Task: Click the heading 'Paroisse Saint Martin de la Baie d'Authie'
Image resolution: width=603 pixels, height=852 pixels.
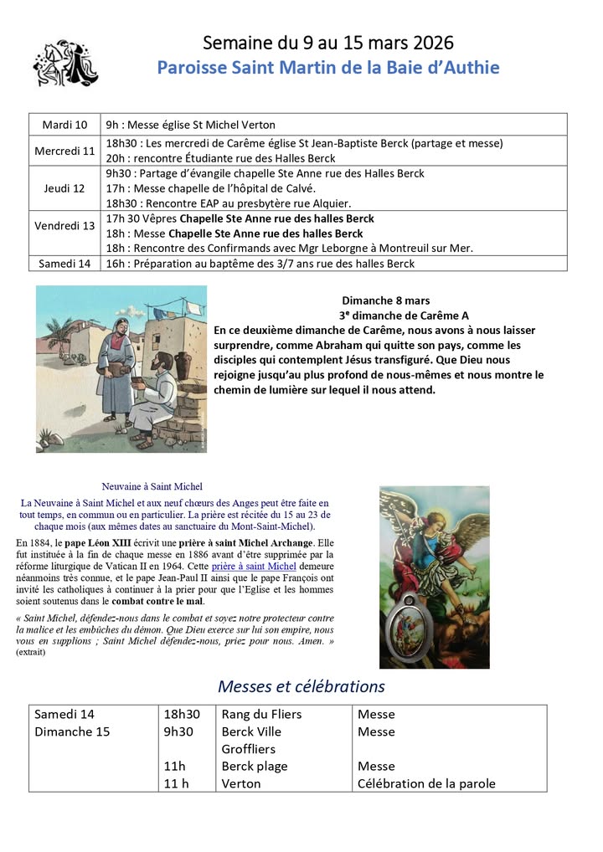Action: (328, 67)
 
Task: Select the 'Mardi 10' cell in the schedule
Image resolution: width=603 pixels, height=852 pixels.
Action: (64, 125)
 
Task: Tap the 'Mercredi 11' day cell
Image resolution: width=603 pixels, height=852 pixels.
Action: (64, 151)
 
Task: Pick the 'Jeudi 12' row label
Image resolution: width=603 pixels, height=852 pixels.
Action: (64, 188)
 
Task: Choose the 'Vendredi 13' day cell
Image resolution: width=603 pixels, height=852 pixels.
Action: (64, 225)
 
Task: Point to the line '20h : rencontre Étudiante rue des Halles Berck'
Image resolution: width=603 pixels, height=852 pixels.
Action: (220, 158)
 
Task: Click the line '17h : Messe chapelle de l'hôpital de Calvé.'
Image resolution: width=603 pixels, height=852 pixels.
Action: (210, 188)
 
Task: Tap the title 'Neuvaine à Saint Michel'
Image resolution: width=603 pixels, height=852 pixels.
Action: (152, 486)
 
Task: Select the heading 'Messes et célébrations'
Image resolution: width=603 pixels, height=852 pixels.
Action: (301, 686)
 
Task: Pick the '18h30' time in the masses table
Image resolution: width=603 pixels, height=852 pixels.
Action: (182, 714)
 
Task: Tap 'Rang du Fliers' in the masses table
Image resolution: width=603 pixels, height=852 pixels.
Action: (261, 714)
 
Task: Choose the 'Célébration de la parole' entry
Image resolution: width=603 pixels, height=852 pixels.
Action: (426, 783)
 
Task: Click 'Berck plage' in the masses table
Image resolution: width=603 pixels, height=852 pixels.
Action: (255, 766)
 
